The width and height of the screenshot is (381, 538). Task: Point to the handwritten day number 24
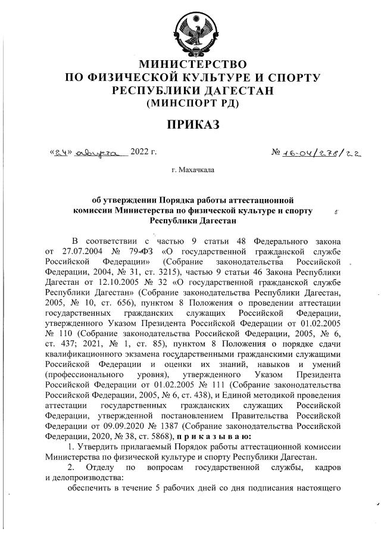pyautogui.click(x=60, y=152)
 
